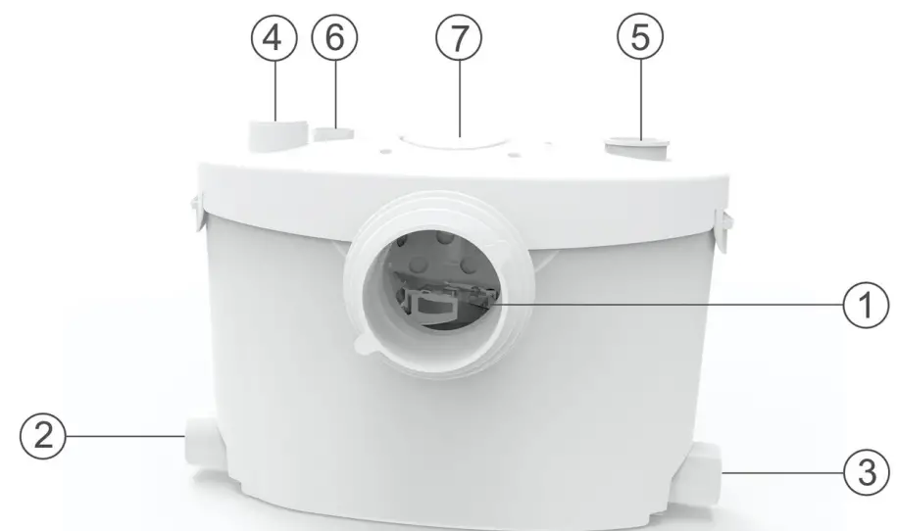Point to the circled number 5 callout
click(638, 40)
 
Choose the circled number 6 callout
click(333, 40)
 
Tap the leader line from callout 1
click(667, 306)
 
